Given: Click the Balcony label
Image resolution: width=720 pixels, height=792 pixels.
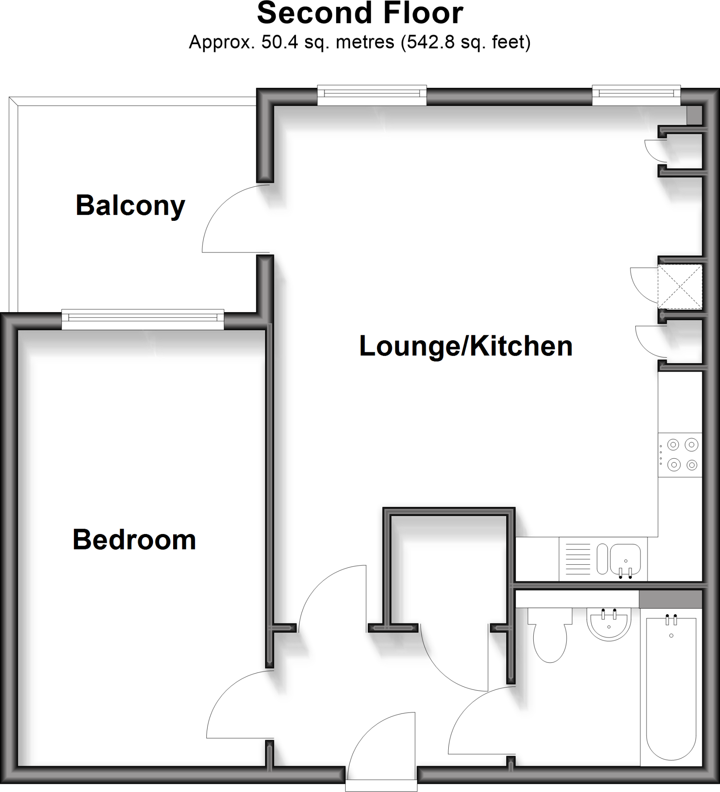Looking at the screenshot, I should click(130, 205).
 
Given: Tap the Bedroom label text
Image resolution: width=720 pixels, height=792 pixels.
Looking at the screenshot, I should click(134, 540).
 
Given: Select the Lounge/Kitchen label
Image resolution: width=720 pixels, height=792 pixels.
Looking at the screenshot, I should click(466, 346).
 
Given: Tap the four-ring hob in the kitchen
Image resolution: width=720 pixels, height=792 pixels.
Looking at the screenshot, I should click(680, 455).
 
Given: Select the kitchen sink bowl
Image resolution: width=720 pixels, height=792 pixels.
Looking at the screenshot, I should click(625, 558).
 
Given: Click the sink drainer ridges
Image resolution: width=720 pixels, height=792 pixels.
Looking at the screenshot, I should click(577, 559).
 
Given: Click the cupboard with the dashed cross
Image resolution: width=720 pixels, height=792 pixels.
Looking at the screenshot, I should click(679, 286).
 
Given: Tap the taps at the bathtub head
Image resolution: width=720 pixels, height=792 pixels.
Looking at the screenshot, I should click(671, 620).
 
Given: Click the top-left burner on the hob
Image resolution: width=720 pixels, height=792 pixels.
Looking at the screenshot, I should click(673, 445).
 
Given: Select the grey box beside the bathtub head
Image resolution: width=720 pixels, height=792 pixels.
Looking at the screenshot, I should click(670, 599).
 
